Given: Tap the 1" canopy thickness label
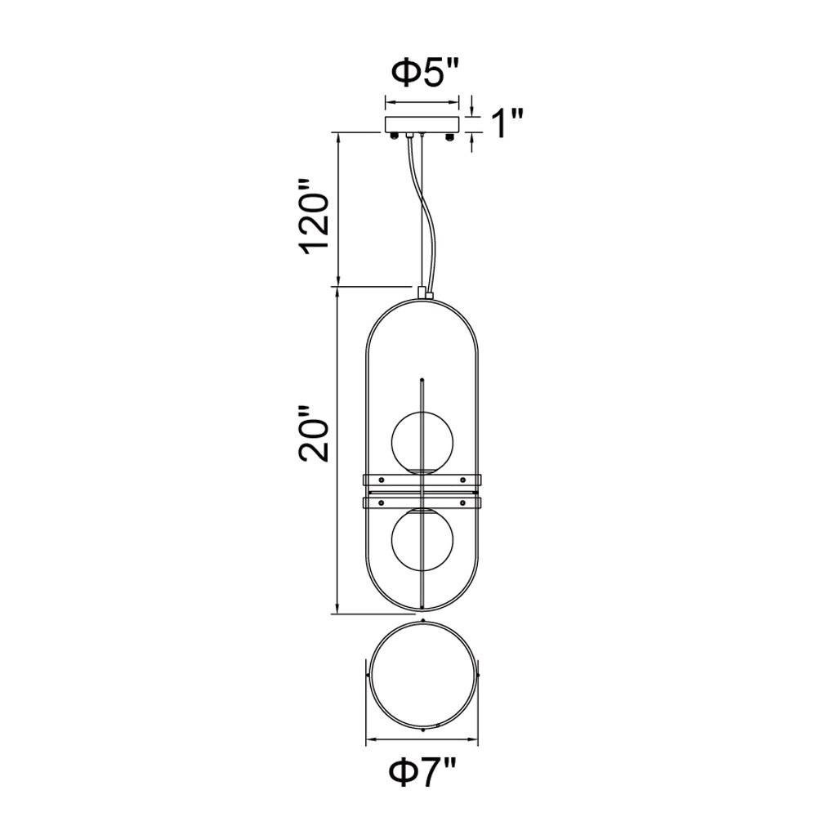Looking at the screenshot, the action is point(506,124).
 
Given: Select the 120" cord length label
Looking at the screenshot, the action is point(314,224).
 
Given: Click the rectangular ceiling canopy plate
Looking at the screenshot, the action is point(422,124).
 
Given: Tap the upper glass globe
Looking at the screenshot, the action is point(422,442).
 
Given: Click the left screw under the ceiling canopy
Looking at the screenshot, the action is point(395,136).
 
